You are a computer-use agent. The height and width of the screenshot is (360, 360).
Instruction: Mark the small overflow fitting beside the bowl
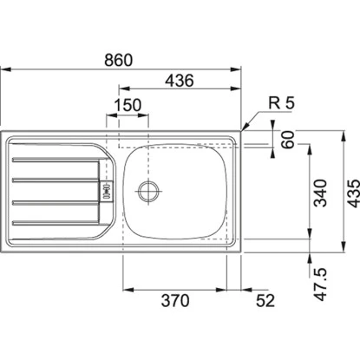pyautogui.click(x=107, y=188)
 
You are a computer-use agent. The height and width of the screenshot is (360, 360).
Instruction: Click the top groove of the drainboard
pyautogui.click(x=52, y=160)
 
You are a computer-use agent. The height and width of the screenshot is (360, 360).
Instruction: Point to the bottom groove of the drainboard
pyautogui.click(x=52, y=222)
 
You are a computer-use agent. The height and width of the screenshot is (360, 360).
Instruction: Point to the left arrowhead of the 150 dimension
pyautogui.click(x=108, y=113)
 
